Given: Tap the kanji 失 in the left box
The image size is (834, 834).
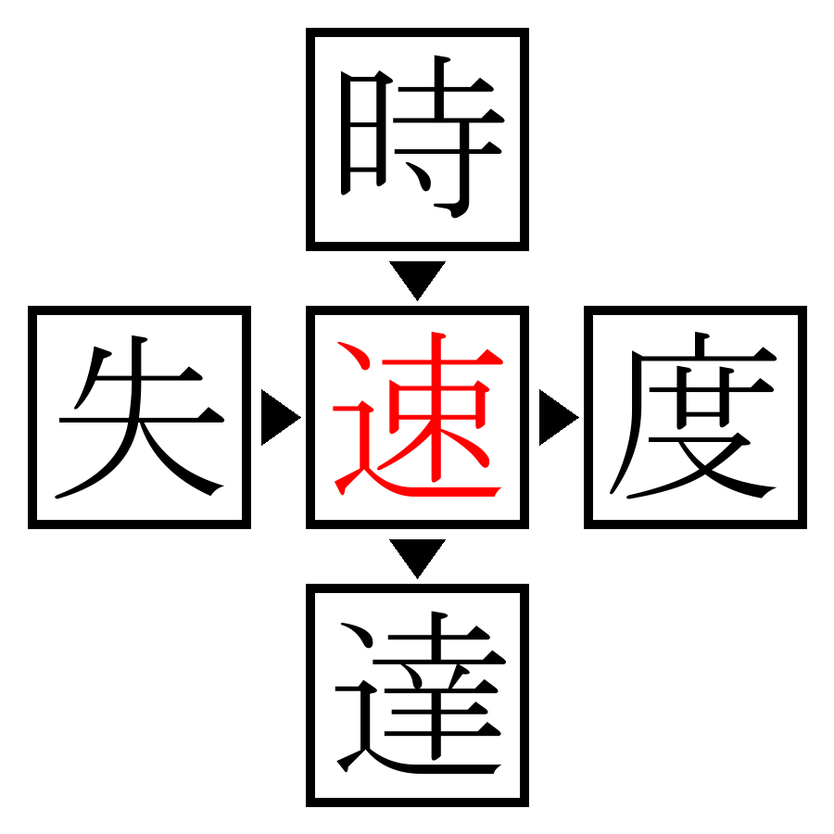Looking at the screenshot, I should (139, 417).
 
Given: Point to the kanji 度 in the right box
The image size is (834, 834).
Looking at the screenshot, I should (695, 417).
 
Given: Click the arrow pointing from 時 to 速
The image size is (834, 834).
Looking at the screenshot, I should (417, 278).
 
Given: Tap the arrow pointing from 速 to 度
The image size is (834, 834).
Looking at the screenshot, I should (556, 417).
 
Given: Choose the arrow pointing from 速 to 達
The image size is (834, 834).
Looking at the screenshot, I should (417, 556).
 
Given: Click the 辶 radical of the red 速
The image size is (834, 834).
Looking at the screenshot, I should (357, 454).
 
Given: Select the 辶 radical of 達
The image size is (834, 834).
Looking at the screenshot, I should (357, 732).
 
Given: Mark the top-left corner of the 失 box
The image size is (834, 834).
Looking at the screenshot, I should (32, 310).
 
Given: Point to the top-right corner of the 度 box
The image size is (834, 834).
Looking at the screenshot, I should (802, 310).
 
